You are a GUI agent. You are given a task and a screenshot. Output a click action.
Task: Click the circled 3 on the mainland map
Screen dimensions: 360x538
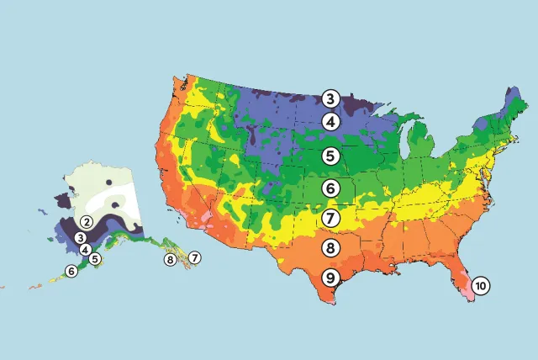coord(330,99)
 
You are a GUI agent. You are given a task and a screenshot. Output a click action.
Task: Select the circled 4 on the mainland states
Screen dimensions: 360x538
coord(330,122)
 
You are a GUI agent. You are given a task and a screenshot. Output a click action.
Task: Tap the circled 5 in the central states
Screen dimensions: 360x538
coord(330,156)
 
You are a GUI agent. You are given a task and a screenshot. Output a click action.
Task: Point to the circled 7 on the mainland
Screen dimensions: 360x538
coord(330,218)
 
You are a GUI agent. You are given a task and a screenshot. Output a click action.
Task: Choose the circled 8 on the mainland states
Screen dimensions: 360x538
coord(330,248)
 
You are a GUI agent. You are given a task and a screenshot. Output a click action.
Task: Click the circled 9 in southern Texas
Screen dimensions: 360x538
coord(330,278)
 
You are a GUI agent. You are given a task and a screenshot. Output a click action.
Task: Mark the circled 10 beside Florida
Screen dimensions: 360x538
coord(479,285)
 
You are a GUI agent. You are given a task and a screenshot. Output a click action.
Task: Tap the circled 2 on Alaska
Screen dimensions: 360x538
coord(86,222)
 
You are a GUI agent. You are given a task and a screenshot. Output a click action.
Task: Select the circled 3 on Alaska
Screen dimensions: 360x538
coord(80,237)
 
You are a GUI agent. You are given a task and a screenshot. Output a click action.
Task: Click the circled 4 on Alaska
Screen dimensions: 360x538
coord(86,250)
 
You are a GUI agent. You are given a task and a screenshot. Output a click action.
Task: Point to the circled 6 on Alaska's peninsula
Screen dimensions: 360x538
coord(71,271)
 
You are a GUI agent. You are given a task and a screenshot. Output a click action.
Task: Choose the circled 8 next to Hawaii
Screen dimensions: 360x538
coord(171,259)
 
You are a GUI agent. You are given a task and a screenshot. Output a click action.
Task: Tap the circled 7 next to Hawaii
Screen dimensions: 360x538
coord(194,257)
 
